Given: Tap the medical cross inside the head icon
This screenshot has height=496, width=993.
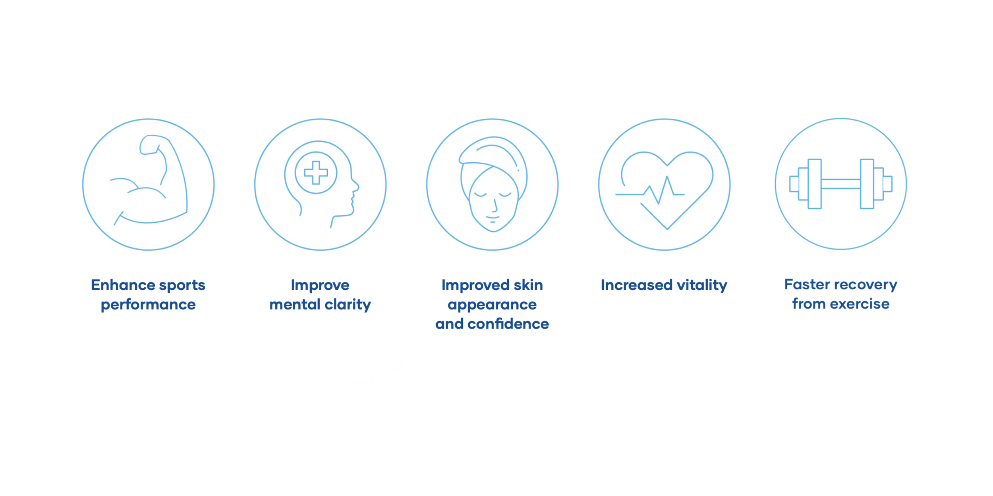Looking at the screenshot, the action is [x=316, y=173].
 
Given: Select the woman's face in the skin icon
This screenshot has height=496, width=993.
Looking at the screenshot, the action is [x=493, y=202].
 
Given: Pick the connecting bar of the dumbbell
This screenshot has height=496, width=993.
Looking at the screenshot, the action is [x=840, y=184].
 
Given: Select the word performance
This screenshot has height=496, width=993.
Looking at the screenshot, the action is [x=148, y=305].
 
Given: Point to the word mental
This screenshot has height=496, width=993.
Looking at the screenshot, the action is [x=294, y=305].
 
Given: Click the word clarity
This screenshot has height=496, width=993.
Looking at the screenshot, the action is [x=348, y=305].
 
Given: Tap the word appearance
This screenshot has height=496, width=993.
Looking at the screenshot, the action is [x=492, y=305].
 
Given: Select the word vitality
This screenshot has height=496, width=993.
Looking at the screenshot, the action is [x=702, y=285].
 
